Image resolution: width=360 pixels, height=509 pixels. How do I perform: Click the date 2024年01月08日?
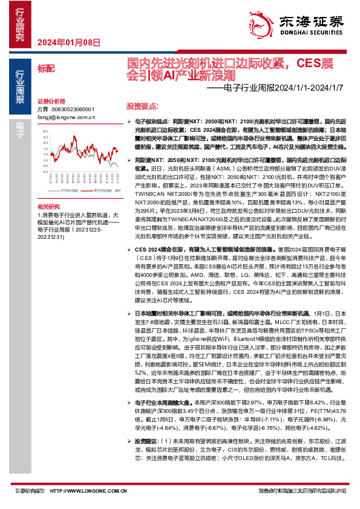[59, 42]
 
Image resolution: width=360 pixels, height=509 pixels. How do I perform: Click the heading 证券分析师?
[51, 101]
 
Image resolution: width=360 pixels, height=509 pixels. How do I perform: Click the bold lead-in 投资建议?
[145, 424]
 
